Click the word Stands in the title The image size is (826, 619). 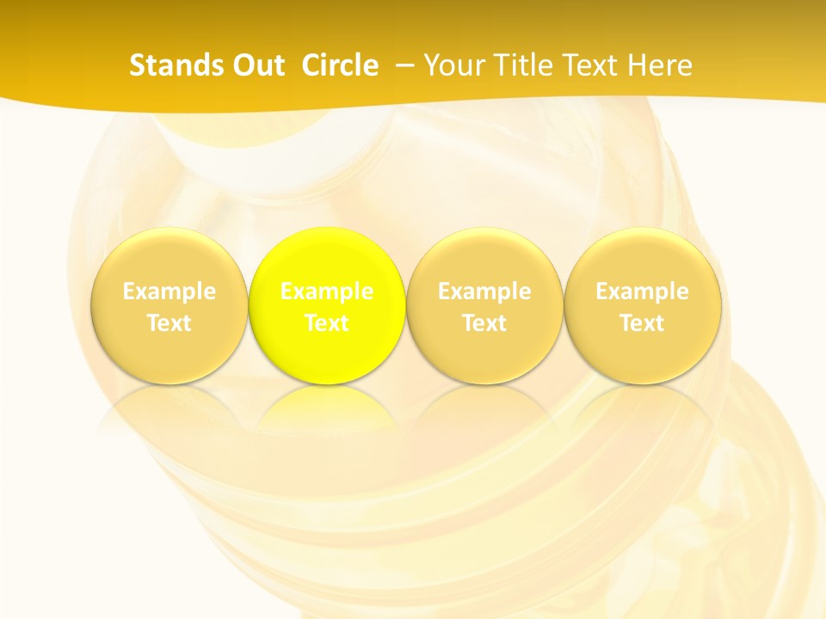tap(175, 65)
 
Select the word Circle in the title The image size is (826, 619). tap(340, 65)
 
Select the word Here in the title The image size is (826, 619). tap(660, 65)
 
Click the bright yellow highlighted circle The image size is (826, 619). tap(327, 306)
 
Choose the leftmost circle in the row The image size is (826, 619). tap(170, 306)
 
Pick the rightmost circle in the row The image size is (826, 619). tap(643, 306)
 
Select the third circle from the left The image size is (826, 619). tap(484, 306)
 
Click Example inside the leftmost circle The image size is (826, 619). tap(170, 291)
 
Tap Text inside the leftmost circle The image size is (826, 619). tap(170, 323)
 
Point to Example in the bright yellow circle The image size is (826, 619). tap(327, 291)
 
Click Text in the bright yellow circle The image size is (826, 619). tap(327, 323)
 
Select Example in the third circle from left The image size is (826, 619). tap(484, 291)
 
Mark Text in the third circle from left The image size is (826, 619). tap(484, 323)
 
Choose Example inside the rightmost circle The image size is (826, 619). tap(643, 291)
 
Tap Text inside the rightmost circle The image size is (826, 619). tap(643, 323)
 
